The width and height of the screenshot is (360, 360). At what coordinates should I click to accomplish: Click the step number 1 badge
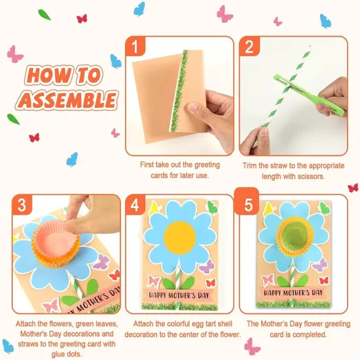pyautogui.click(x=135, y=48)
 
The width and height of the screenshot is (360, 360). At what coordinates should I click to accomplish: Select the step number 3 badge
pyautogui.click(x=22, y=206)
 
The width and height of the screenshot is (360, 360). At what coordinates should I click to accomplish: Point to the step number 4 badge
pyautogui.click(x=135, y=206)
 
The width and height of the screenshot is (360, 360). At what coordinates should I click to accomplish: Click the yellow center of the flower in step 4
pyautogui.click(x=179, y=238)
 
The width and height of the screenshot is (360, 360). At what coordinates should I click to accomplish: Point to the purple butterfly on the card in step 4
pyautogui.click(x=206, y=266)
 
